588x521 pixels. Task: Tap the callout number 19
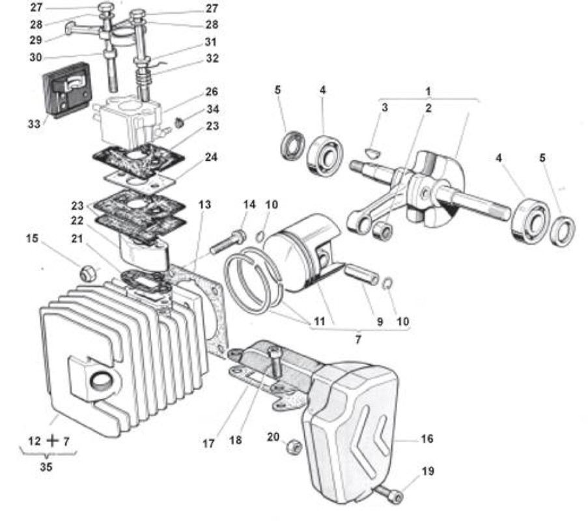(428, 471)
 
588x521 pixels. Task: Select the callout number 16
(427, 438)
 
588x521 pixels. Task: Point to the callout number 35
(46, 467)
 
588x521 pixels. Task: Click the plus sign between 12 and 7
(53, 441)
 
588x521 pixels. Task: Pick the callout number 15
(33, 238)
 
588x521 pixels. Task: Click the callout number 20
(273, 436)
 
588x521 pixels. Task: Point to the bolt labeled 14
(228, 242)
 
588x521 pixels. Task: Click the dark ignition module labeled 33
(67, 90)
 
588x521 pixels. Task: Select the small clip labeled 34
(180, 122)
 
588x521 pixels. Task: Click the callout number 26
(212, 92)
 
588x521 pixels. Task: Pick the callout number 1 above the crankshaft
(428, 91)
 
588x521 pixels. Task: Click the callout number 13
(204, 204)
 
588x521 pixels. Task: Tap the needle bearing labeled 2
(382, 230)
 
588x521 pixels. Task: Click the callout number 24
(211, 157)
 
